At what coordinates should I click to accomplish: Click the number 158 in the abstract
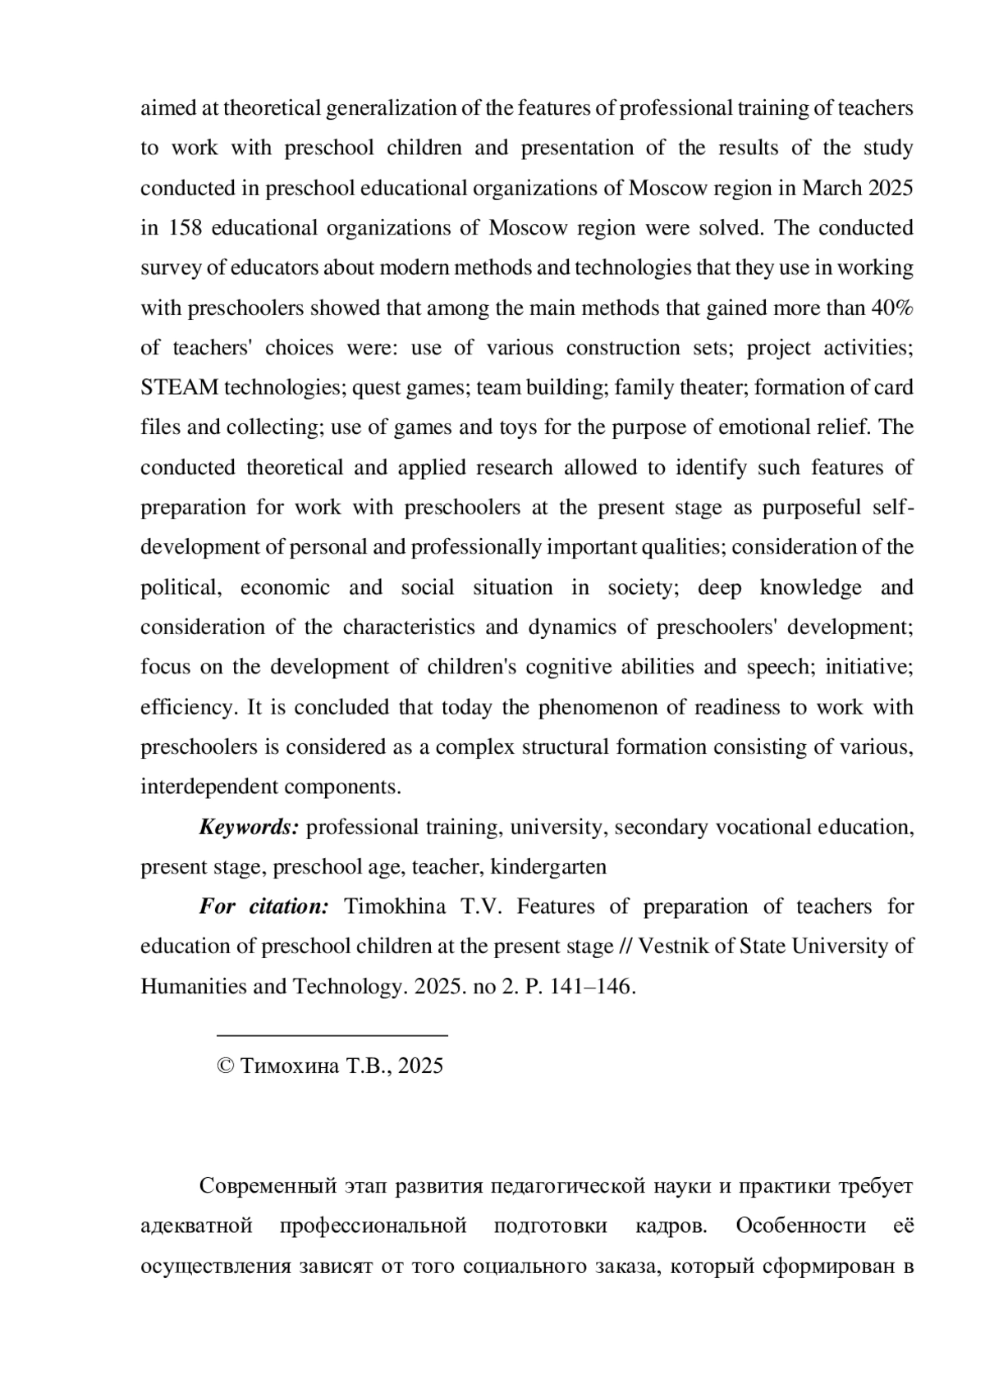[185, 228]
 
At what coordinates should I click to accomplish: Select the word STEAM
[180, 387]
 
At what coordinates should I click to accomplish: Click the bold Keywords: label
[249, 827]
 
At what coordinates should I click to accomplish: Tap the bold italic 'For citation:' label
[263, 906]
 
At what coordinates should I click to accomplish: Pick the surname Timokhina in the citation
[395, 906]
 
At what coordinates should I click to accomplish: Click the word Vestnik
[667, 947]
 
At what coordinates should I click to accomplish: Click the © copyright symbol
[225, 1066]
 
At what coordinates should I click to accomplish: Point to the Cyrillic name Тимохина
[289, 1066]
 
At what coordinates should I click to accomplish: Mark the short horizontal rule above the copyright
[332, 1036]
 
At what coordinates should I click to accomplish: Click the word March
[830, 188]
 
